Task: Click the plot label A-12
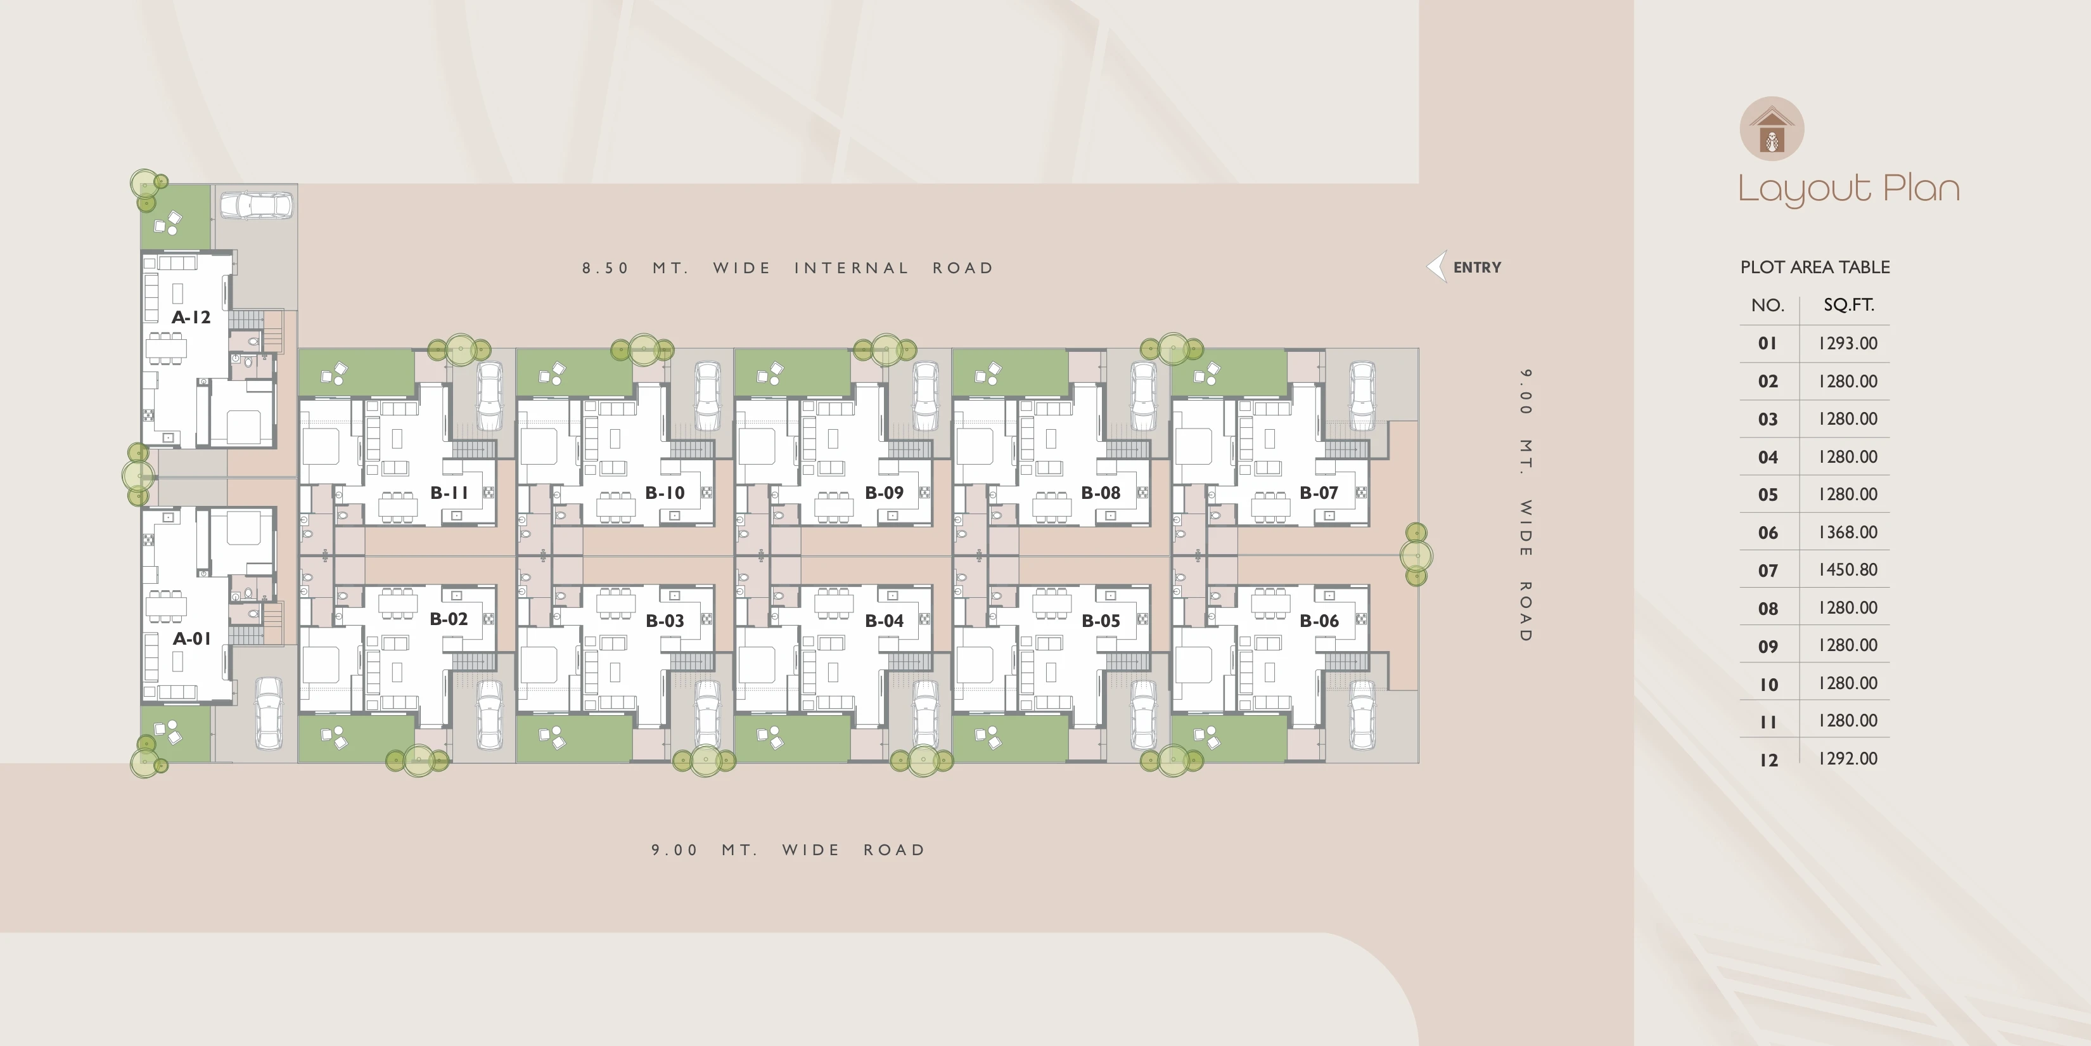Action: [x=191, y=318]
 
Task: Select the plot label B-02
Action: [x=449, y=619]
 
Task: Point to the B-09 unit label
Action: [x=884, y=492]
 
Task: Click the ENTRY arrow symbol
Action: [x=1436, y=267]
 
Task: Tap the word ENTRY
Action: [x=1478, y=267]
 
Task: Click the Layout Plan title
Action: [x=1848, y=189]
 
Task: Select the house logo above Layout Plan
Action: [x=1772, y=128]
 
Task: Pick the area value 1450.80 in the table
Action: [x=1848, y=570]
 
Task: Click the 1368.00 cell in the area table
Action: [x=1848, y=532]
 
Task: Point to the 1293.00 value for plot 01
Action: [x=1848, y=344]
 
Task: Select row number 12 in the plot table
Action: [x=1768, y=760]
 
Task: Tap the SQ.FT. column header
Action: [x=1849, y=304]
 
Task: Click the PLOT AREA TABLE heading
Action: [x=1815, y=267]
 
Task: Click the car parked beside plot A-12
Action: [x=256, y=205]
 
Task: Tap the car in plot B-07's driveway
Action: [x=1362, y=396]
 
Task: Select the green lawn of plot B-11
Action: [x=356, y=373]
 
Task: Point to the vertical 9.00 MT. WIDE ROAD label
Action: [x=1526, y=505]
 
